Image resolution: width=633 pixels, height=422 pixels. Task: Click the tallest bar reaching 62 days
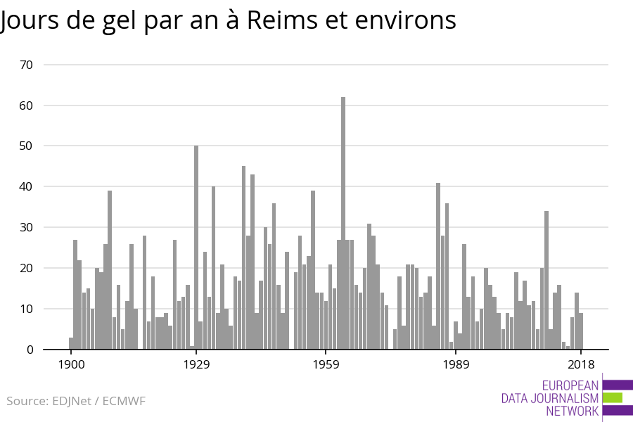tap(343, 225)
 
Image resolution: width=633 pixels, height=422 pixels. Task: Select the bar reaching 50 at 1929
tap(196, 246)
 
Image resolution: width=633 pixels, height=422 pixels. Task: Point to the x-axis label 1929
tap(196, 364)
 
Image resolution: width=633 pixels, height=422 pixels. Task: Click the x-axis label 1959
tap(326, 364)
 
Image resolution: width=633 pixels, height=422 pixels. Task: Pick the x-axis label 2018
tap(581, 364)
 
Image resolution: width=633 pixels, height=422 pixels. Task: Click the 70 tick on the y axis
tap(27, 65)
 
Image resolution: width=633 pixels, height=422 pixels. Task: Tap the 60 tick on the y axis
tap(27, 105)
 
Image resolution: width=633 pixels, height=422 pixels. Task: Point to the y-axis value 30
tap(27, 228)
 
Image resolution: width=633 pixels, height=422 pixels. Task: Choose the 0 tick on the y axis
tap(30, 350)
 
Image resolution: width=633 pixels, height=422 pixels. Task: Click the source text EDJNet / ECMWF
tap(98, 401)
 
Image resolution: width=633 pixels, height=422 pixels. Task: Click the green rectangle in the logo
tap(613, 397)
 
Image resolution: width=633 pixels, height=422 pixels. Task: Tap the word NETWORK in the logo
tap(572, 411)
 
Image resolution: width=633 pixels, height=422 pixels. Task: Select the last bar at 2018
tap(581, 331)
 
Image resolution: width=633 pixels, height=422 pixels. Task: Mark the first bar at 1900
tap(71, 343)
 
